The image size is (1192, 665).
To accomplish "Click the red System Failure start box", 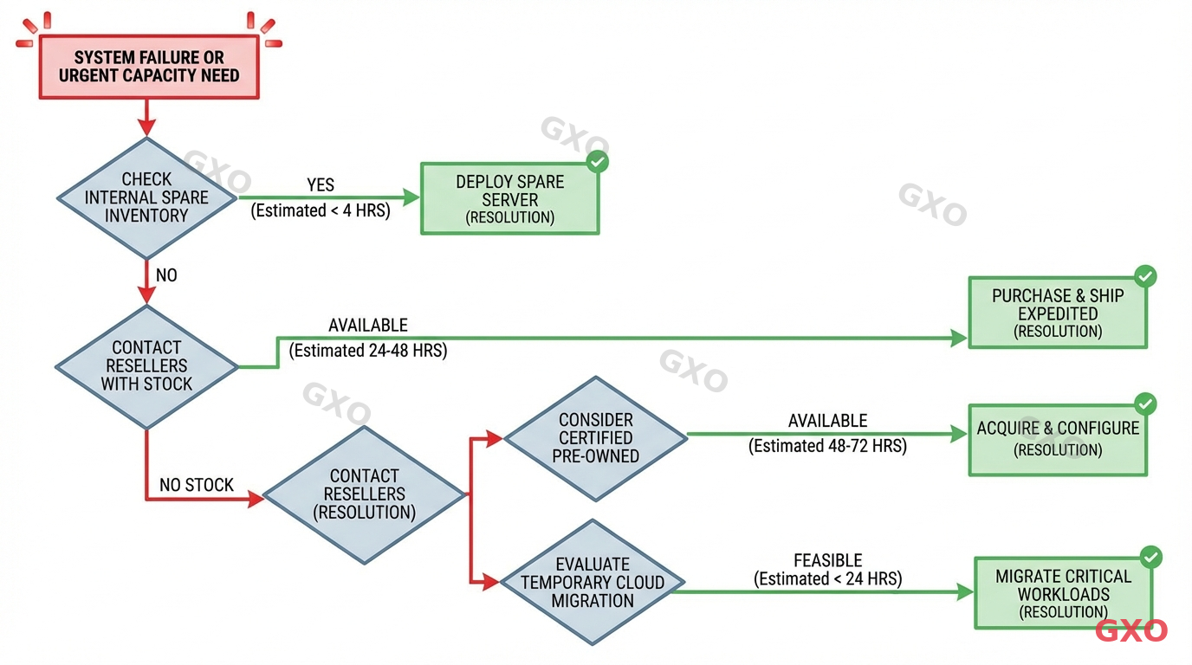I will [x=148, y=67].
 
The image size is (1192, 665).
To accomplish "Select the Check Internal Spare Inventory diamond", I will [x=146, y=197].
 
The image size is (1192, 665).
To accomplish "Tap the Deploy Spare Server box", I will [x=509, y=198].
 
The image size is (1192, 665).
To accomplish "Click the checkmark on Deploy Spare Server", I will [x=597, y=162].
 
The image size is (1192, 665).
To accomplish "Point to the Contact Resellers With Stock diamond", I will [x=146, y=366].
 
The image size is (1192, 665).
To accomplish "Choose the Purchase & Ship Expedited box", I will [x=1057, y=313].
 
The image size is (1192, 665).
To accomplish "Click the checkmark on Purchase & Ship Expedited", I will [x=1145, y=276].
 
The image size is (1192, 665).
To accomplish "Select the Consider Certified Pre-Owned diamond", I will [x=595, y=438].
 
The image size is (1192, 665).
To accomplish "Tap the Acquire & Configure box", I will [x=1057, y=439].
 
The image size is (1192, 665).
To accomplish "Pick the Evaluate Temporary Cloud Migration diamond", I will [x=593, y=582].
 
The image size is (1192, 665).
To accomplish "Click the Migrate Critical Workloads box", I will [x=1063, y=593].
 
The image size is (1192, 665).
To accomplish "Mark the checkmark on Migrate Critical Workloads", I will [x=1150, y=557].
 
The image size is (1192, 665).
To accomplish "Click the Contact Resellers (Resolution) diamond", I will [x=364, y=494].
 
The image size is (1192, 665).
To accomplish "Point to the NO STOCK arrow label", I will [x=197, y=485].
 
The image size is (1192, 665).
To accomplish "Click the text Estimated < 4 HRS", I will [x=321, y=210].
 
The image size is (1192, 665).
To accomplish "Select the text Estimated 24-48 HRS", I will [x=368, y=351].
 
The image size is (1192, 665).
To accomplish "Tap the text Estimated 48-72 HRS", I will [x=827, y=446].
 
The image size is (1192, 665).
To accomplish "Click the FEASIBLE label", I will [x=827, y=560].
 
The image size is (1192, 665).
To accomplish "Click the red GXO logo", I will [x=1130, y=630].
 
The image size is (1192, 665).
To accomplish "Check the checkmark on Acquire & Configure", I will [x=1145, y=404].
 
